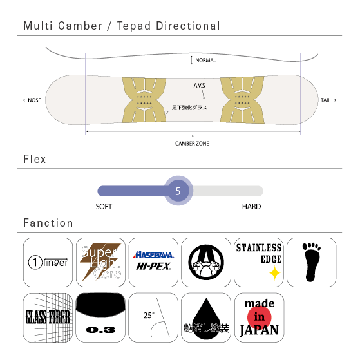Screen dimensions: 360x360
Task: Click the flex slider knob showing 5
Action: [178, 191]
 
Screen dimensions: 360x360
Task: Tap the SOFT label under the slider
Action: [104, 207]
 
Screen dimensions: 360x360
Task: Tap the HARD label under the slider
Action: [251, 207]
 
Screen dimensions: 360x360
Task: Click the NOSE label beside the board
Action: [32, 100]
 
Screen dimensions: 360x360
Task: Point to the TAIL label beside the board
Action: [328, 100]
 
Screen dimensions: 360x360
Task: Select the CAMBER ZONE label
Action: [192, 144]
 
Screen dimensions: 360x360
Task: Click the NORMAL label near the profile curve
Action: [205, 61]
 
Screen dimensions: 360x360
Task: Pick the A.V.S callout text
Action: [199, 86]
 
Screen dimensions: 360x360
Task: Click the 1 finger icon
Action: [48, 262]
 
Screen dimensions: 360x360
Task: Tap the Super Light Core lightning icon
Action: [100, 262]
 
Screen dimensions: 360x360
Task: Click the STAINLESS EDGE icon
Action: [259, 262]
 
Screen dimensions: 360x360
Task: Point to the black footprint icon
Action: [311, 262]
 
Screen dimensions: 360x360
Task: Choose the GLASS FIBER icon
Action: [48, 317]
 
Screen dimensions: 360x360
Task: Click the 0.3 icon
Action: [100, 317]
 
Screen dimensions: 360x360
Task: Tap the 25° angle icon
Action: [153, 317]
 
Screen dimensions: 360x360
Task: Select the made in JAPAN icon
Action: [259, 317]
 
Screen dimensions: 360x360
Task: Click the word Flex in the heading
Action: [35, 159]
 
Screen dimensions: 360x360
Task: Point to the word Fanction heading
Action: [48, 223]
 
